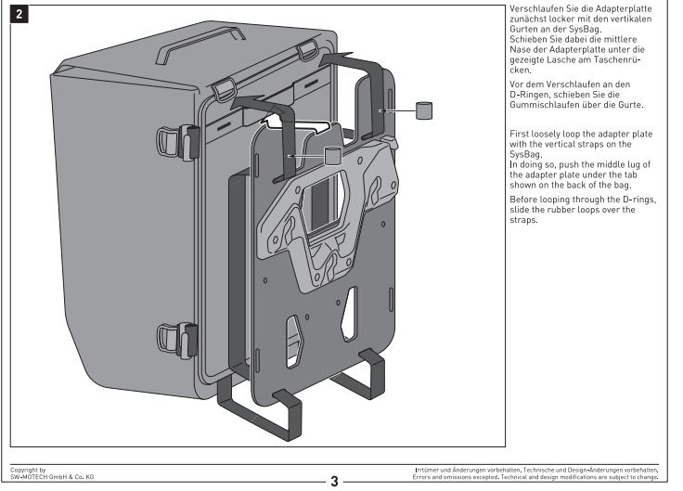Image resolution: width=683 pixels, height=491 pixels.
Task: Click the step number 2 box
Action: (16, 16)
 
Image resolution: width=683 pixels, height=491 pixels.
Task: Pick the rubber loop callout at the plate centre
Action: (332, 155)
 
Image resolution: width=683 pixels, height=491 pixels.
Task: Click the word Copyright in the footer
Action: (22, 471)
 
